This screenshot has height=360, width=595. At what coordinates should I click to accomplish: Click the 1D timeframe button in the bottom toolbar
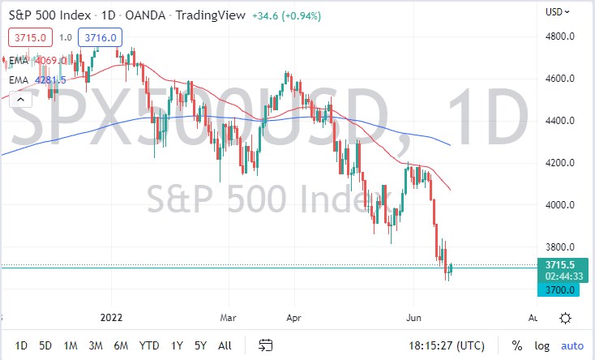pos(21,346)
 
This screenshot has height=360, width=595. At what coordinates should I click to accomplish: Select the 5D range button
pos(46,346)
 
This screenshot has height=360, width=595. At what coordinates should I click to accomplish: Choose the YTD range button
pos(148,346)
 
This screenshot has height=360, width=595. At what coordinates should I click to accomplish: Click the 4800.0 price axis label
pos(561,36)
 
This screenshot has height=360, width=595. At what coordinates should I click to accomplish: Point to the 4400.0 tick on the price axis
pos(561,121)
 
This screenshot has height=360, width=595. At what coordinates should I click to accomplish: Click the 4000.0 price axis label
pos(561,205)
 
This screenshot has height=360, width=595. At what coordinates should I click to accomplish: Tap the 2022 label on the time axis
pos(110,317)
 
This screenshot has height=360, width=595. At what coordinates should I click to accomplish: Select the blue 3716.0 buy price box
pos(101,37)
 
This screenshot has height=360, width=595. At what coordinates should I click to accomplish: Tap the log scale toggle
pos(541,346)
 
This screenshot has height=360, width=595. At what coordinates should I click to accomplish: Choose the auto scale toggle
pos(571,346)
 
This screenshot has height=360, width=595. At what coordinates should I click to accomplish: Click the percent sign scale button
pos(516,346)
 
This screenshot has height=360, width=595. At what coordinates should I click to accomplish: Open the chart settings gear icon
pos(565,317)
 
